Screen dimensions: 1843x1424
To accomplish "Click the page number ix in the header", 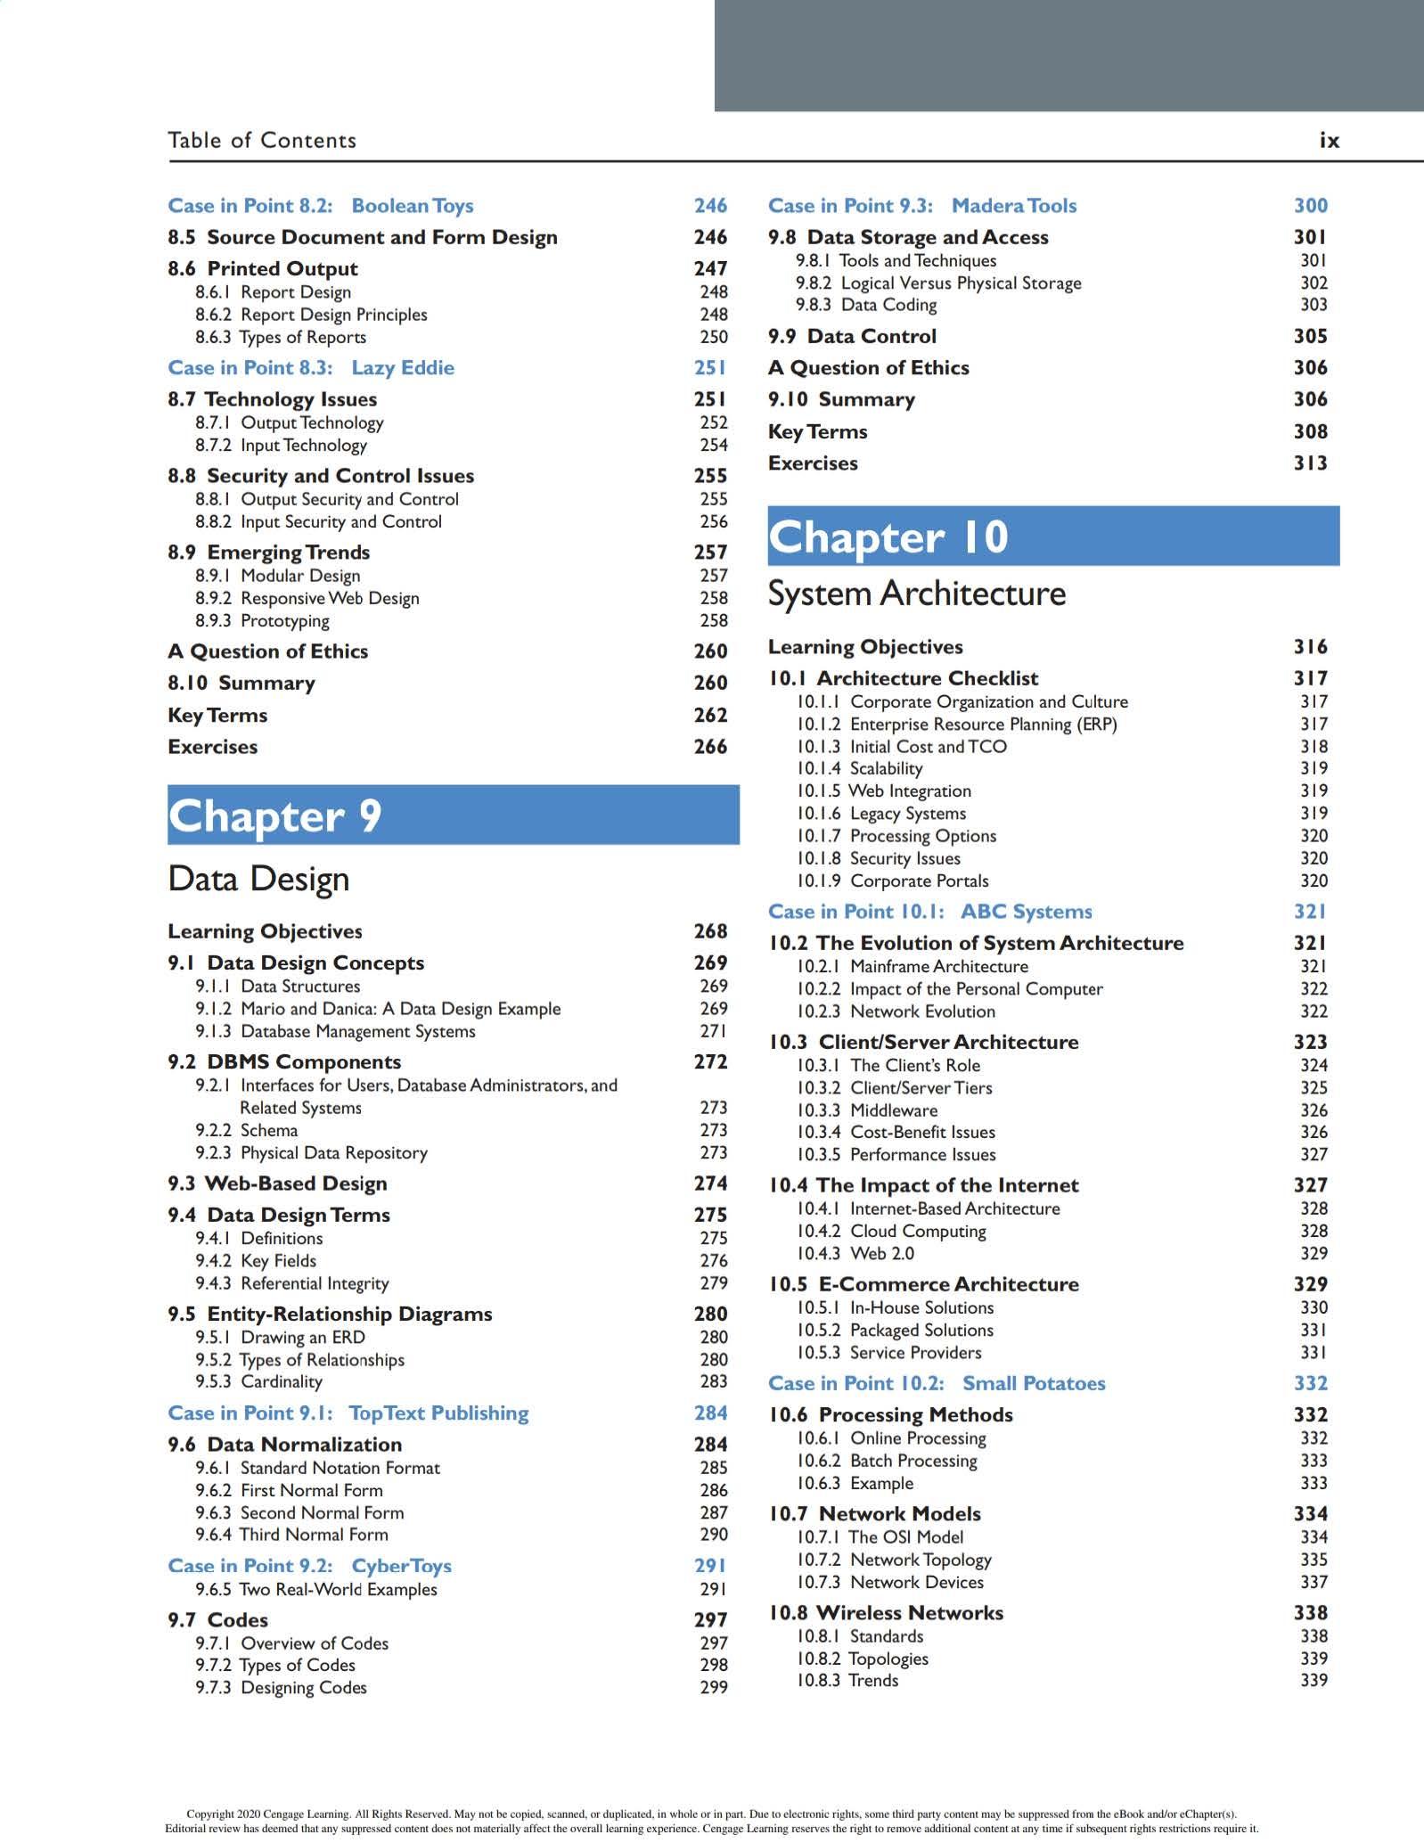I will [1329, 141].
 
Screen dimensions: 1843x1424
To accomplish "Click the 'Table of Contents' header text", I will [262, 141].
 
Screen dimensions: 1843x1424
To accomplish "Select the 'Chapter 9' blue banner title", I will [275, 815].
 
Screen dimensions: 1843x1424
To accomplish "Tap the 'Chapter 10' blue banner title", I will [888, 537].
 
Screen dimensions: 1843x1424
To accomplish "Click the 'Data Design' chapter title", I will [258, 879].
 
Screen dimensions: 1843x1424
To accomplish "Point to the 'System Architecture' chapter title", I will [916, 594].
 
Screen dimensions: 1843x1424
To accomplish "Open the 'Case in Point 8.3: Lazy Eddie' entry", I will [311, 368].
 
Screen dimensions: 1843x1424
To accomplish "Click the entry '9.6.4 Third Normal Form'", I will [291, 1535].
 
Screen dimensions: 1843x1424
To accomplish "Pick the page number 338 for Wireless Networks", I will [1310, 1613].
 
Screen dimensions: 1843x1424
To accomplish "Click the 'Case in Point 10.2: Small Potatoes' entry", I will [937, 1384].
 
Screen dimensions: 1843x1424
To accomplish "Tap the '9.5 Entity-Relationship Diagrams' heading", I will [330, 1315].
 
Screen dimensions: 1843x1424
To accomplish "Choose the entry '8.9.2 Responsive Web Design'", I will [307, 599].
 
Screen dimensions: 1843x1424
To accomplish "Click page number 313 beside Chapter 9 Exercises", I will [1310, 463].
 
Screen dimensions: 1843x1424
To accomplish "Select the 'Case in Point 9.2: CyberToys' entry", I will [309, 1567].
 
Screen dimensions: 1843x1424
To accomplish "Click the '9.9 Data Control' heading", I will [852, 337].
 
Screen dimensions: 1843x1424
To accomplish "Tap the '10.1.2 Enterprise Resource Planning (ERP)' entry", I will [956, 725].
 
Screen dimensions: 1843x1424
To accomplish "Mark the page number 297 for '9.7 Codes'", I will [710, 1620].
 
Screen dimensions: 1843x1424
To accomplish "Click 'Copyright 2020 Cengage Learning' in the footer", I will [268, 1814].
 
